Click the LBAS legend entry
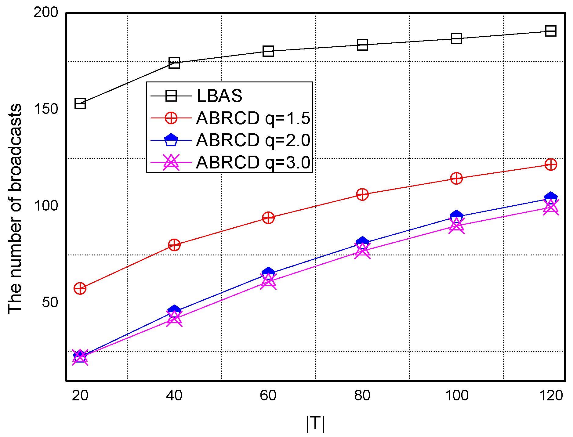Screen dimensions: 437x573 pyautogui.click(x=219, y=96)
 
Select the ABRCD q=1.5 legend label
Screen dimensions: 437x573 pyautogui.click(x=253, y=118)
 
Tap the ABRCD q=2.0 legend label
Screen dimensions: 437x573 pyautogui.click(x=253, y=140)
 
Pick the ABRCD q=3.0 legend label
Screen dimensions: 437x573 pyautogui.click(x=253, y=162)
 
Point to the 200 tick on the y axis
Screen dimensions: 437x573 pyautogui.click(x=45, y=13)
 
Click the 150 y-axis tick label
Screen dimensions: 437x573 pyautogui.click(x=45, y=109)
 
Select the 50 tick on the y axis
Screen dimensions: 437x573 pyautogui.click(x=50, y=302)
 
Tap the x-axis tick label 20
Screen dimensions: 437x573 pyautogui.click(x=80, y=395)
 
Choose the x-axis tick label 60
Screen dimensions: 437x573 pyautogui.click(x=268, y=395)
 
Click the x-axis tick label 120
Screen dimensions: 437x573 pyautogui.click(x=551, y=395)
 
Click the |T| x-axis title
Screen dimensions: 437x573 pyautogui.click(x=315, y=424)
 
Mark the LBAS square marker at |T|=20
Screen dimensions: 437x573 pyautogui.click(x=80, y=103)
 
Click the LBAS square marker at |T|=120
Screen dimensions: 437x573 pyautogui.click(x=551, y=31)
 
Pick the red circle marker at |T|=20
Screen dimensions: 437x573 pyautogui.click(x=80, y=288)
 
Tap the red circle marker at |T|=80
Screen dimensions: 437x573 pyautogui.click(x=362, y=194)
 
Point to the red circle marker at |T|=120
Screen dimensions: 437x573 pyautogui.click(x=551, y=164)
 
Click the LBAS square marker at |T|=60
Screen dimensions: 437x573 pyautogui.click(x=268, y=51)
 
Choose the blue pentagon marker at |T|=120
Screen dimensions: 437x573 pyautogui.click(x=551, y=197)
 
